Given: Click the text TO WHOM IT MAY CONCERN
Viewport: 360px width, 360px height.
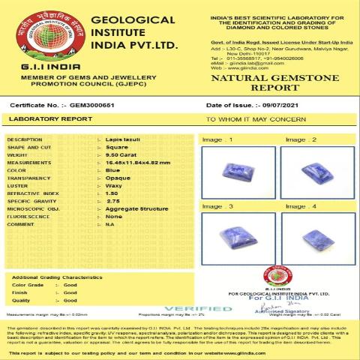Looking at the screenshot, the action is coord(256,118).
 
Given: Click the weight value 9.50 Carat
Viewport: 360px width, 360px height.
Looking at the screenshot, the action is coord(121,155).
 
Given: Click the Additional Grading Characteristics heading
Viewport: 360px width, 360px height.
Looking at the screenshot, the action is coord(57,277).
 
